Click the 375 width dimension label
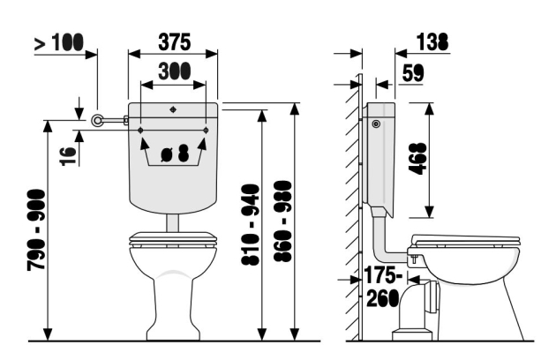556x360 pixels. pos(174,42)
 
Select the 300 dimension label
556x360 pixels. pos(174,71)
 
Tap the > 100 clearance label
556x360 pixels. pos(59,42)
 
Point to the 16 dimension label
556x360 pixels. pos(68,156)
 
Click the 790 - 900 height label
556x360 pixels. pos(36,230)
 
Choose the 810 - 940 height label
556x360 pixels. pos(251,224)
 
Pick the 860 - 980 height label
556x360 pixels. pos(283,221)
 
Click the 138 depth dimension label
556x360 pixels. pos(432,41)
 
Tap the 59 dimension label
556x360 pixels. pos(413,74)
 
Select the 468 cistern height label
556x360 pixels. pos(417,159)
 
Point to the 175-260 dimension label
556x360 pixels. pos(383,287)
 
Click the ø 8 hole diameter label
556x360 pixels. pos(175,154)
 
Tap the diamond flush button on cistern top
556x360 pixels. pos(173,109)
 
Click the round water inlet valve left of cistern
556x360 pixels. pos(97,121)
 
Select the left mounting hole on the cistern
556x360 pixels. pos(141,131)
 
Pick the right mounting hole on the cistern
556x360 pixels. pos(206,131)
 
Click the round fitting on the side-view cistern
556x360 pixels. pos(376,124)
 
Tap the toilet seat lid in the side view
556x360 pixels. pos(465,240)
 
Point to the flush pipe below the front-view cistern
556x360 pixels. pos(173,223)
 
